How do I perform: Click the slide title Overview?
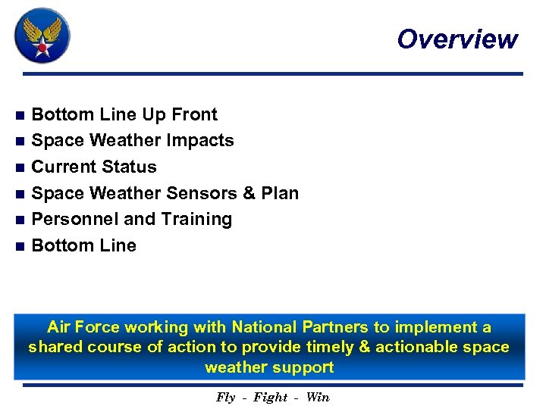[457, 39]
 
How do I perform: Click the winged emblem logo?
[42, 35]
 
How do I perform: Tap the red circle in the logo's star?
[42, 46]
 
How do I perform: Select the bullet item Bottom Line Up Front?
[124, 114]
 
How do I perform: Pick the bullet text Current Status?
[94, 167]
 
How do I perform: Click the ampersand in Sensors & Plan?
[249, 193]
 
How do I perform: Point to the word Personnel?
[75, 219]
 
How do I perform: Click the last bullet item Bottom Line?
[84, 245]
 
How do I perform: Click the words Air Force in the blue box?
[83, 327]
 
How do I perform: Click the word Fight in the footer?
[271, 398]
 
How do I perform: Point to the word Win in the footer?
[318, 398]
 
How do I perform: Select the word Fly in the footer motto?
[226, 398]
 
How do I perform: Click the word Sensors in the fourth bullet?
[202, 193]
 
